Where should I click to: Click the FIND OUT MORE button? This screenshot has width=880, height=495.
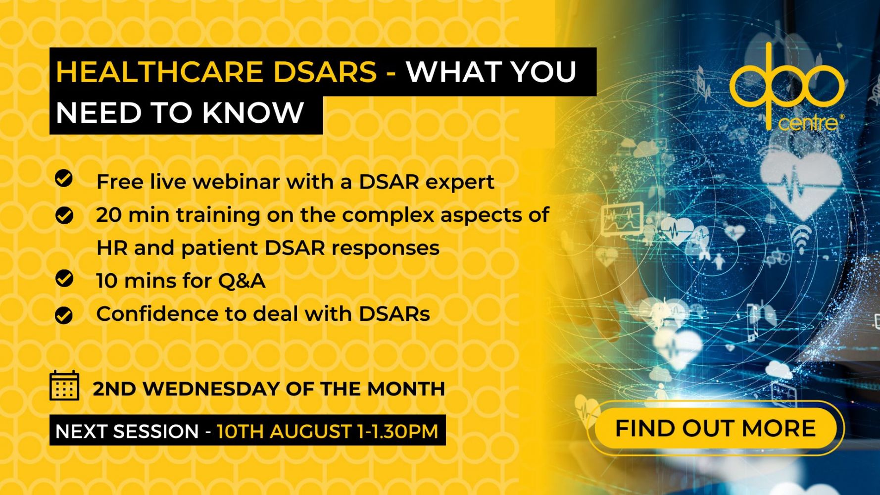715,428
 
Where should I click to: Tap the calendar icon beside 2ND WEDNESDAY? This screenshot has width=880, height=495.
64,386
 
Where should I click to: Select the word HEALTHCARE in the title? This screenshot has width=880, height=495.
159,72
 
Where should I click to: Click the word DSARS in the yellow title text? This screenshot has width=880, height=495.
325,72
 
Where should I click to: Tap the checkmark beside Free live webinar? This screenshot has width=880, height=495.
64,178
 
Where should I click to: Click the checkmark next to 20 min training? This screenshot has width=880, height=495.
64,216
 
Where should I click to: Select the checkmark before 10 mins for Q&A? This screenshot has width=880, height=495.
64,278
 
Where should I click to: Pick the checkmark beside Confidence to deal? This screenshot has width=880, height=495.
64,315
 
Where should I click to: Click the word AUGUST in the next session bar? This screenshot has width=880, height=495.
311,431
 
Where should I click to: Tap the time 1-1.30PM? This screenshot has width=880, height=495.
397,431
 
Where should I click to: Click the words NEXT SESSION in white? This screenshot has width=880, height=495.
127,431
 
